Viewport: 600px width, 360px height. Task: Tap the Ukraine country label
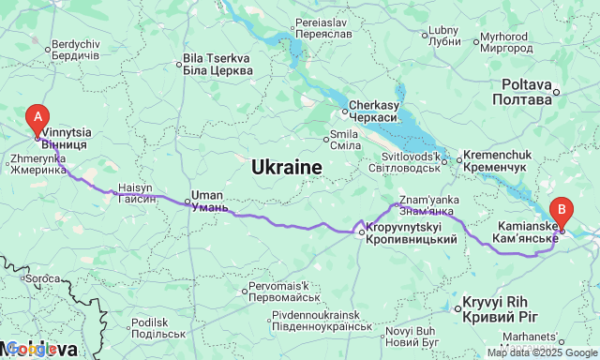click(x=287, y=168)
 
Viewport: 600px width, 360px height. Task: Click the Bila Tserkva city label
click(x=218, y=65)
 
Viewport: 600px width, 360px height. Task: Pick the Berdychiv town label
click(x=76, y=50)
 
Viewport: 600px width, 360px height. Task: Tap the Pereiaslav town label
click(x=322, y=27)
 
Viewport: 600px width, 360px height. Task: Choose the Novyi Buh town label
click(x=412, y=336)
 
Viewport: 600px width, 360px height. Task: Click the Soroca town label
click(x=42, y=278)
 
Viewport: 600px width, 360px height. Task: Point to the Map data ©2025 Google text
click(x=542, y=352)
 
